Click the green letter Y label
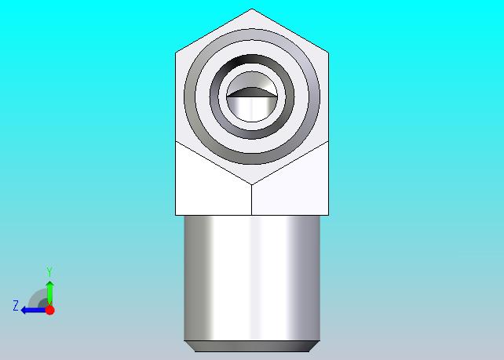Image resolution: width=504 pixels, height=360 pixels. tap(49, 271)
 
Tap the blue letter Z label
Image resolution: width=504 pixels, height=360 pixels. tap(16, 305)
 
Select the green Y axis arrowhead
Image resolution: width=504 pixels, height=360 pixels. tap(49, 285)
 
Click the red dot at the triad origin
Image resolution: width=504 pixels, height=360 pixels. tap(49, 310)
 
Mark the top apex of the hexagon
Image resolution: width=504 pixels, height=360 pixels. tap(252, 9)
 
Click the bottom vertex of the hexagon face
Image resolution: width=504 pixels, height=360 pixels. tap(252, 184)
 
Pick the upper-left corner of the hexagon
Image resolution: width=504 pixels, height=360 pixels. tap(176, 53)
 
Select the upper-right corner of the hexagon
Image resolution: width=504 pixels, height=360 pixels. tap(328, 53)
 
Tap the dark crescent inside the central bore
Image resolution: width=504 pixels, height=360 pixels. tap(252, 93)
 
